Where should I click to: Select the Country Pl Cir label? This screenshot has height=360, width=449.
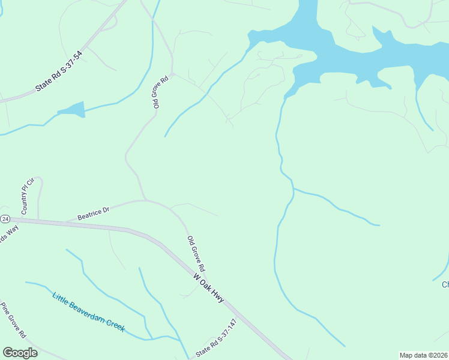(28, 196)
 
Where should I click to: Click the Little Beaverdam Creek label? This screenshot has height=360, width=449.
(88, 311)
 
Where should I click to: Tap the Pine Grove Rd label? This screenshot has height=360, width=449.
(13, 319)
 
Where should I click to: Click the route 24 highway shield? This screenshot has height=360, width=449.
(5, 219)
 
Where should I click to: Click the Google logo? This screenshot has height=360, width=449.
(20, 353)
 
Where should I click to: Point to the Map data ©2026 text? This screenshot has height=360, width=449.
(423, 355)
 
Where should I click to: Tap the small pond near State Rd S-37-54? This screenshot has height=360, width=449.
(73, 109)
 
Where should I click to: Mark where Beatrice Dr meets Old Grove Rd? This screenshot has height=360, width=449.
(145, 200)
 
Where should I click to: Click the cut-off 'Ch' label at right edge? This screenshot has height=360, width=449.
(445, 284)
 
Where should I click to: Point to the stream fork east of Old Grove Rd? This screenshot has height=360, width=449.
(293, 190)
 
